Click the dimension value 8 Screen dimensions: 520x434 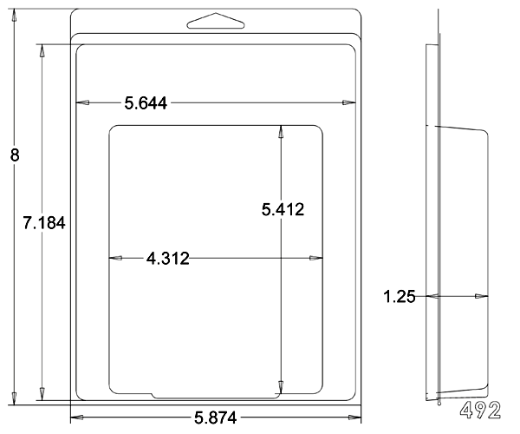pyautogui.click(x=15, y=155)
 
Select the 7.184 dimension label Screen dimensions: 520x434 pyautogui.click(x=44, y=222)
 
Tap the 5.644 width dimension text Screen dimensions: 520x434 pyautogui.click(x=146, y=103)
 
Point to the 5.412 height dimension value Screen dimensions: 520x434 pyautogui.click(x=283, y=209)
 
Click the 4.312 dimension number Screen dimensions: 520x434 pyautogui.click(x=168, y=259)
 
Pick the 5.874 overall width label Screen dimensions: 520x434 pyautogui.click(x=216, y=418)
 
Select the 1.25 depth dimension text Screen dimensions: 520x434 pyautogui.click(x=400, y=297)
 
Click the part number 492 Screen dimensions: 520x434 pyautogui.click(x=480, y=410)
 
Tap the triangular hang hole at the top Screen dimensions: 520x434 pyautogui.click(x=216, y=21)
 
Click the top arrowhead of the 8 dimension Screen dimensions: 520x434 pyautogui.click(x=14, y=16)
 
